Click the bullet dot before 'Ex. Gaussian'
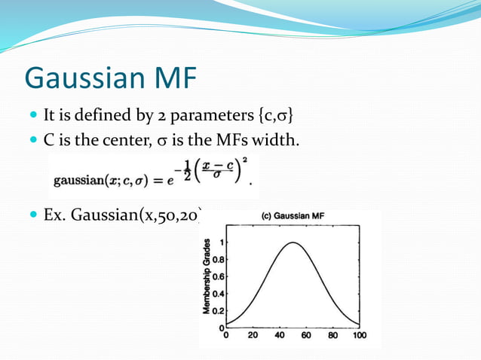pos(32,215)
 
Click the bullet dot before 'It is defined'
pos(32,116)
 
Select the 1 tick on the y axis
pos(222,243)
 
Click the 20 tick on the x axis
pos(253,336)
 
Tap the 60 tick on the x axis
pos(306,336)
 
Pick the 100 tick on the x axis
pos(360,336)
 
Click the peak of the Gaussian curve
pos(293,243)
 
